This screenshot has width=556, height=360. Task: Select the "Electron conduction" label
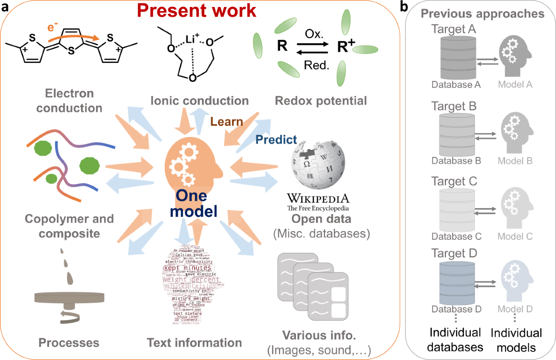click(69, 101)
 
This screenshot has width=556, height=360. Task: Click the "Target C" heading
click(454, 181)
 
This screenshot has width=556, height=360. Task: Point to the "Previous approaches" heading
click(482, 13)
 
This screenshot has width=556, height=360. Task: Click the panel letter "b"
click(404, 7)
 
